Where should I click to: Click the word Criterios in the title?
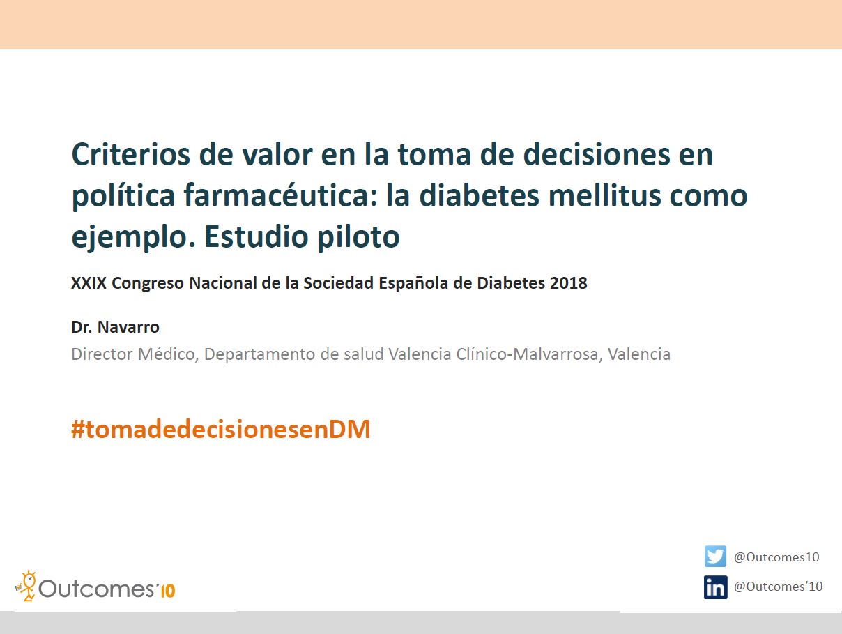[131, 154]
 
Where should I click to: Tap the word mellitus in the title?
[605, 195]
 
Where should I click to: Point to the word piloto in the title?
[358, 236]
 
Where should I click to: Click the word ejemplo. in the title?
[134, 236]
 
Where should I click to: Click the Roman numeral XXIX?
[89, 283]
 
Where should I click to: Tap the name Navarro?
[128, 327]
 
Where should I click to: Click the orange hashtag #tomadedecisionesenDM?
[221, 429]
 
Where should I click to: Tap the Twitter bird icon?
[715, 556]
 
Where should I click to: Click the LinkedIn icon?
[716, 587]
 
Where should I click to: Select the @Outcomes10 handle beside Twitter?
[776, 557]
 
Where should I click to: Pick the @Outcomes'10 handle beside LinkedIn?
[779, 587]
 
